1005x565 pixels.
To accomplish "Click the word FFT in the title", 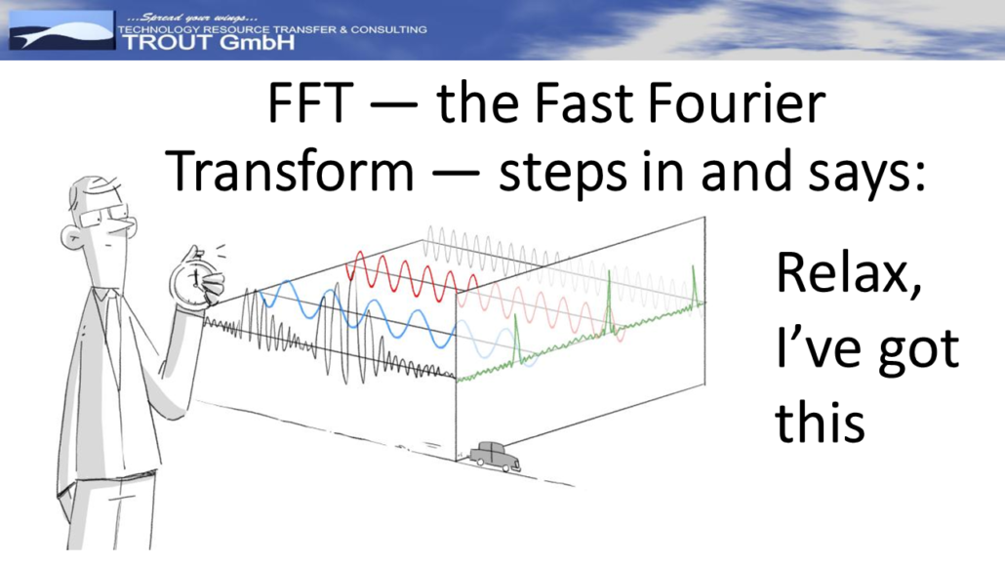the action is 311,103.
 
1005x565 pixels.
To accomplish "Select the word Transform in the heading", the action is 289,172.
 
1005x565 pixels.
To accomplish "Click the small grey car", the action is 494,456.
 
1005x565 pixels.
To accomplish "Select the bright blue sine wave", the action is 358,314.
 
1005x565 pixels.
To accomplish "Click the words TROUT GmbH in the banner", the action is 208,43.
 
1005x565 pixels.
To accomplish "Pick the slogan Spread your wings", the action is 191,18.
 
